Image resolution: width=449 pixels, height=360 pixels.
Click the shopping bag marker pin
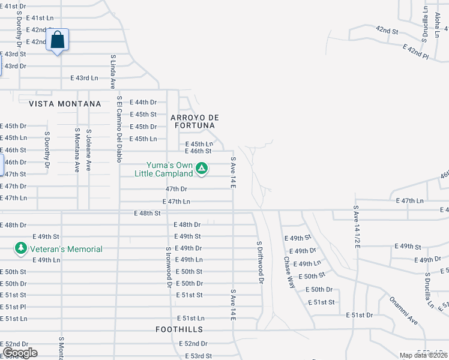(x=57, y=41)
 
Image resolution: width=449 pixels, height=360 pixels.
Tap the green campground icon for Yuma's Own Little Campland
(x=203, y=169)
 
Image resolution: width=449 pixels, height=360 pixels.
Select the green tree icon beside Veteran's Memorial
(x=21, y=248)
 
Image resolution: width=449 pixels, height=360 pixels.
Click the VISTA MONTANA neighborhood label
(x=65, y=104)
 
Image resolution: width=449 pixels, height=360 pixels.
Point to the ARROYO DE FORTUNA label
(x=192, y=121)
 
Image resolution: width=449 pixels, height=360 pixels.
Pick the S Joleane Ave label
(x=88, y=150)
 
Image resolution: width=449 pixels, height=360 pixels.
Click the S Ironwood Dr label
(x=169, y=266)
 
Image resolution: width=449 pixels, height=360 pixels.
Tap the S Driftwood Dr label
(x=259, y=262)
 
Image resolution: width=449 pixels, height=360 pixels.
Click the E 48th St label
(x=148, y=213)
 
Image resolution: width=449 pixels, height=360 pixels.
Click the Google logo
(x=19, y=353)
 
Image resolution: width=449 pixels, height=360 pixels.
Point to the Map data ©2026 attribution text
(x=423, y=355)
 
